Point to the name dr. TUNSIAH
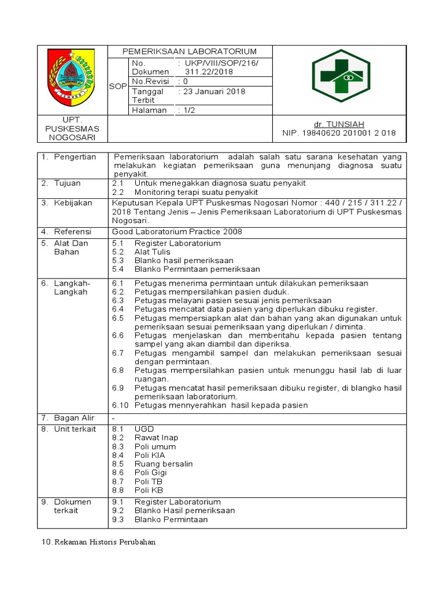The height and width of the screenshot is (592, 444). (x=339, y=124)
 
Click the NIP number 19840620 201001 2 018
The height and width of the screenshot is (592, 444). (x=339, y=133)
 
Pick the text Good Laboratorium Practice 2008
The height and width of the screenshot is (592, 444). (x=177, y=232)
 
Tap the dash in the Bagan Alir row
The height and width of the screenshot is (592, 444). (x=113, y=418)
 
